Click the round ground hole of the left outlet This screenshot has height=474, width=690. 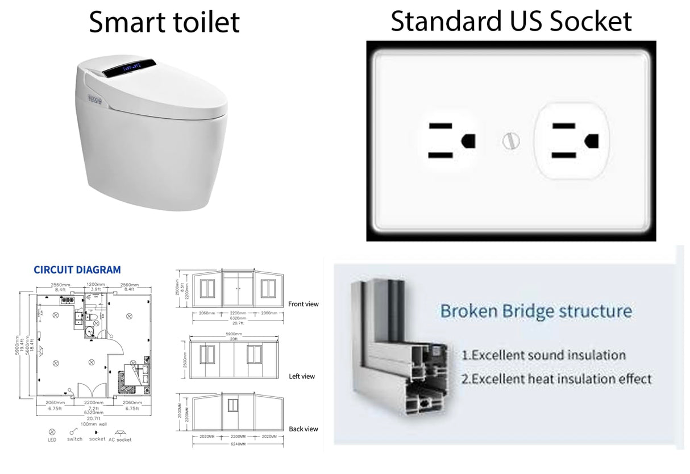(x=469, y=140)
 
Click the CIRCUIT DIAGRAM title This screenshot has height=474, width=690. (x=77, y=270)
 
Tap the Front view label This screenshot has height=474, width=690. (x=304, y=304)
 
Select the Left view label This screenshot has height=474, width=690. (x=302, y=376)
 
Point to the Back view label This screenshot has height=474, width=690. (x=303, y=429)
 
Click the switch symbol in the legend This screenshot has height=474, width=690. (x=74, y=431)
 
